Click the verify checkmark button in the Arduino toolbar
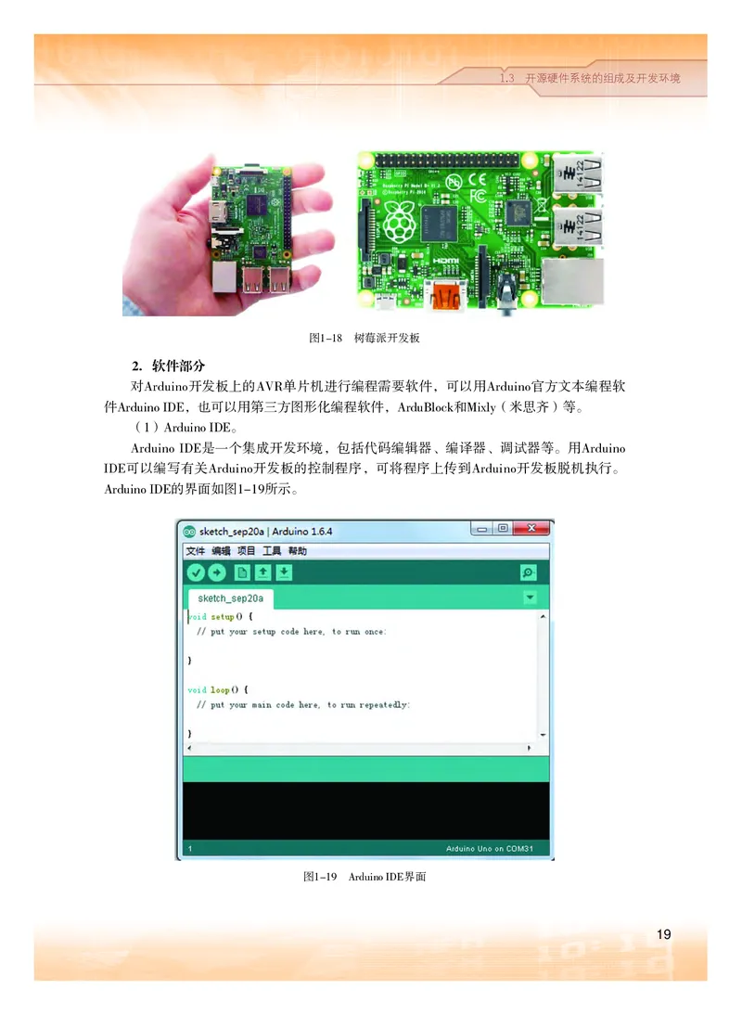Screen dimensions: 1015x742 click(x=195, y=572)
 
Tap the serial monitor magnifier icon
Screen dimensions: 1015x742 click(x=528, y=572)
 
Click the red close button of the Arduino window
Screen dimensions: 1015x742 click(x=532, y=530)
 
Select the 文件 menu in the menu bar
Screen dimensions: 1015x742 click(x=195, y=551)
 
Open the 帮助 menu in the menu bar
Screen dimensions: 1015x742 click(x=297, y=551)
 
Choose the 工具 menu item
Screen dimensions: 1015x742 click(x=272, y=551)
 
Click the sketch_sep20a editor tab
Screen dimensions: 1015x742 click(x=230, y=597)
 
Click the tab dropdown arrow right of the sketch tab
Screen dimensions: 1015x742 click(x=530, y=597)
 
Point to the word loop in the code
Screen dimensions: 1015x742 click(x=220, y=690)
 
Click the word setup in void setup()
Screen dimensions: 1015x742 click(x=223, y=616)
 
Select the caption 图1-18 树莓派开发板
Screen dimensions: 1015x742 click(x=364, y=338)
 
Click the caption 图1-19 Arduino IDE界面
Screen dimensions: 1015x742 click(x=364, y=877)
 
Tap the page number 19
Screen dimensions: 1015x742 click(x=663, y=934)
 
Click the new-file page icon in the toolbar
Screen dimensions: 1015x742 click(x=241, y=572)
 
